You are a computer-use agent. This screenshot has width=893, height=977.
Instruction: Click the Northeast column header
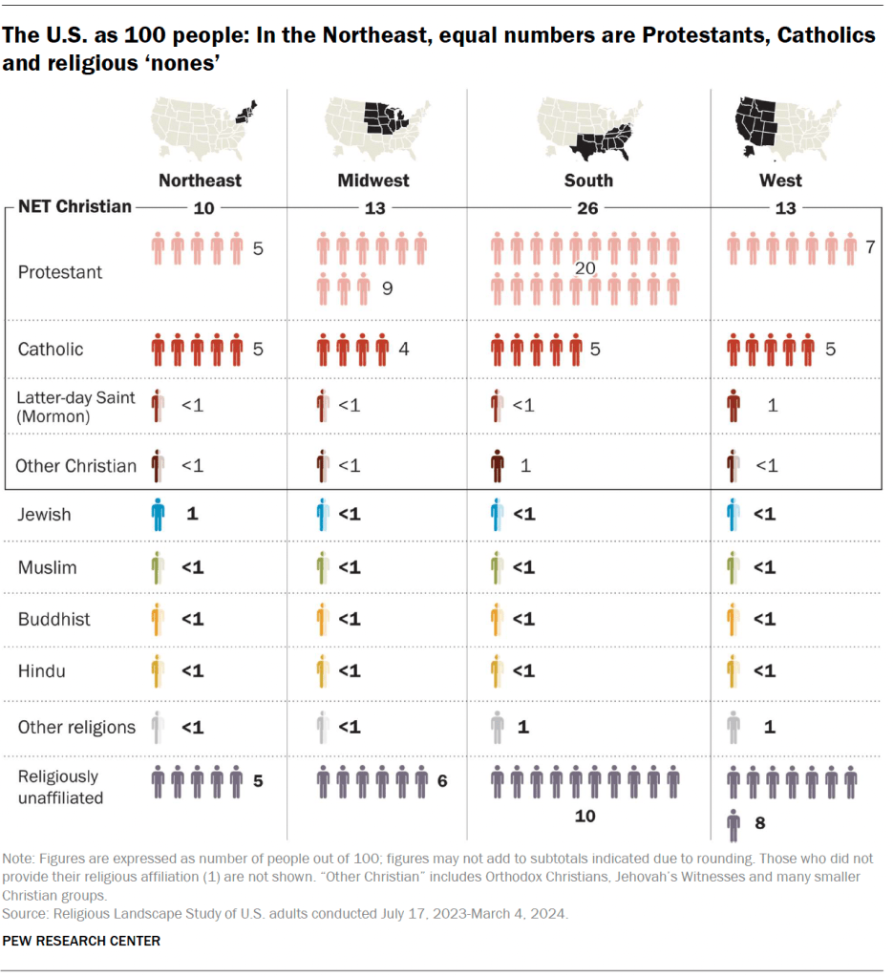click(x=200, y=180)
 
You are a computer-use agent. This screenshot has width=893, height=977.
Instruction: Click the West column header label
click(x=781, y=180)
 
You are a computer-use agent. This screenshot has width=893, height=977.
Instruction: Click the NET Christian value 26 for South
click(x=587, y=207)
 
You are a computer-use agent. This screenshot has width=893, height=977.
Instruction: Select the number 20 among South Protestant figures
click(x=585, y=269)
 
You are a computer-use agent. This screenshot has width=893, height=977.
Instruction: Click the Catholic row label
click(x=51, y=350)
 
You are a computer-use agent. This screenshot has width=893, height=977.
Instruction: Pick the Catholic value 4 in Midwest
click(x=404, y=350)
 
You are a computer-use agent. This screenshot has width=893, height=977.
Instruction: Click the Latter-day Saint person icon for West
click(x=733, y=406)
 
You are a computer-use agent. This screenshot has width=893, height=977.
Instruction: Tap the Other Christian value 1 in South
click(x=525, y=465)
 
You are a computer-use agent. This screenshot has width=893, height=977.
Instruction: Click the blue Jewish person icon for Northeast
click(x=158, y=515)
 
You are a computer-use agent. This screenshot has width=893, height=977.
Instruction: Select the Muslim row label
click(x=49, y=567)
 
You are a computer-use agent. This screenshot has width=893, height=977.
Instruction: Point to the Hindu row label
click(x=42, y=670)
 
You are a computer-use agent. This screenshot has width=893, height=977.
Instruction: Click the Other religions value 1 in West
click(x=769, y=727)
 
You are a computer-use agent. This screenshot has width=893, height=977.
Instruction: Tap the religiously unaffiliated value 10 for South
click(x=585, y=816)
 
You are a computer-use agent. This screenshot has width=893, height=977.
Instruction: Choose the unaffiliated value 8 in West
click(x=761, y=821)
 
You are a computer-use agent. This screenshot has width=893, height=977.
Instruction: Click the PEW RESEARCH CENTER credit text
click(x=81, y=941)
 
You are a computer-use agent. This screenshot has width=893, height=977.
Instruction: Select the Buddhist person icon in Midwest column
click(x=324, y=619)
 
